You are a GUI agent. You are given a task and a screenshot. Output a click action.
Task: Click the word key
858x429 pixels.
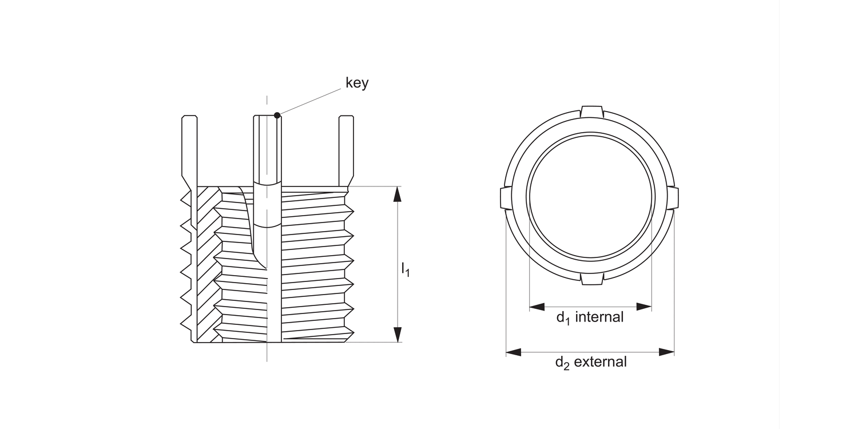click(357, 83)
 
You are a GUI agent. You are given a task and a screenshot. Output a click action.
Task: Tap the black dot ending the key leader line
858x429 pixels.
click(277, 116)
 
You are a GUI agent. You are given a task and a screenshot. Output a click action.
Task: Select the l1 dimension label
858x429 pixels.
click(405, 269)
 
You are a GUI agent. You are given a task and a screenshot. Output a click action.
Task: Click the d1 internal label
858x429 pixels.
click(590, 317)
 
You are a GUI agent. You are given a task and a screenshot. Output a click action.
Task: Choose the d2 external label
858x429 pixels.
click(590, 362)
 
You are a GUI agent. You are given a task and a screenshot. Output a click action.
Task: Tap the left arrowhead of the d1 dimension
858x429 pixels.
click(537, 307)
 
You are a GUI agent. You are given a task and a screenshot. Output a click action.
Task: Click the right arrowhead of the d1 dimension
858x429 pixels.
click(645, 307)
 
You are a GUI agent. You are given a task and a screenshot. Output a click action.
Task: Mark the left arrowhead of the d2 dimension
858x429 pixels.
click(514, 352)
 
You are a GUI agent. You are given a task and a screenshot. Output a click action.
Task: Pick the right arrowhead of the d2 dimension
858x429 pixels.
click(667, 352)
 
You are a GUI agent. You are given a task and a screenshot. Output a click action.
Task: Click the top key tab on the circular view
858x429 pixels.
click(591, 111)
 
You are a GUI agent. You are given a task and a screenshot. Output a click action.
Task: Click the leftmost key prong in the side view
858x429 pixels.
click(189, 149)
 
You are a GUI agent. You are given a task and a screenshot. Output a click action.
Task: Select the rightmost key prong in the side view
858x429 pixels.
click(346, 149)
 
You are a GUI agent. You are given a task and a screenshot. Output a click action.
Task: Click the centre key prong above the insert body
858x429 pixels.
click(268, 149)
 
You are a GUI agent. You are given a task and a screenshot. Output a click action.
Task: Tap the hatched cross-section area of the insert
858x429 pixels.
click(206, 263)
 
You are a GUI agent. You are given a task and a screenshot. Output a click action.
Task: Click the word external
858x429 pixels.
click(600, 362)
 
